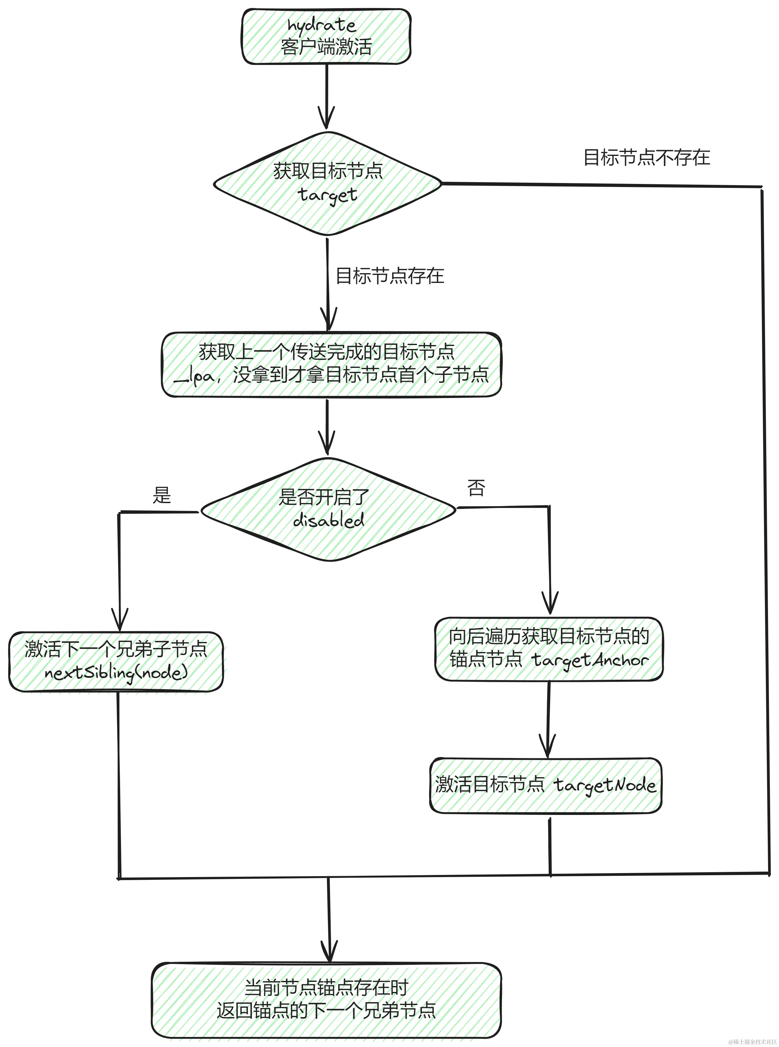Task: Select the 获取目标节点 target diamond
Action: coord(327,184)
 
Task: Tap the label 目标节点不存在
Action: coord(646,157)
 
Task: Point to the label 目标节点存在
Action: coord(389,276)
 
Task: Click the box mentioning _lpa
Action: coord(331,364)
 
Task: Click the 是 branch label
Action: coord(162,495)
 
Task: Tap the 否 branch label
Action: coord(476,488)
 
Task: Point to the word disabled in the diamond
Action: coord(329,520)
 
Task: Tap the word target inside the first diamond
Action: coord(328,195)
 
